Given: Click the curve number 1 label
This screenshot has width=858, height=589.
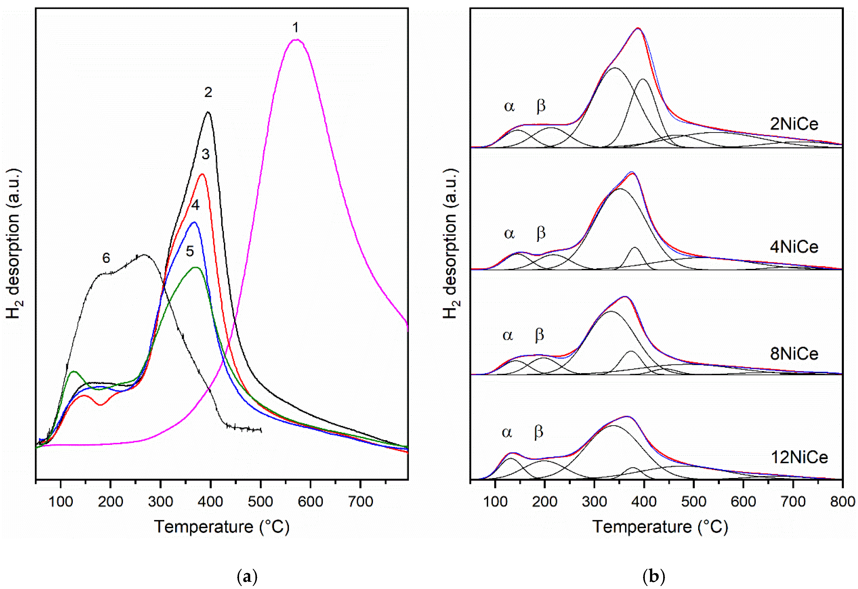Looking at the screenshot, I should pyautogui.click(x=295, y=28).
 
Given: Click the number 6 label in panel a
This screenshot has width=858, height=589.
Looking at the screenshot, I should pyautogui.click(x=106, y=258).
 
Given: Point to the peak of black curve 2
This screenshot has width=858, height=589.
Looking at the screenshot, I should pyautogui.click(x=208, y=112).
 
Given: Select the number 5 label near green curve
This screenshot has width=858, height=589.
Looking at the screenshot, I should pyautogui.click(x=190, y=251).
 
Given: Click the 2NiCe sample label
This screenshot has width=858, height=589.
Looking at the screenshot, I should pyautogui.click(x=794, y=124).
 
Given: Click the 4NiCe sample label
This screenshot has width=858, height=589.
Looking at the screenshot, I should pyautogui.click(x=794, y=247).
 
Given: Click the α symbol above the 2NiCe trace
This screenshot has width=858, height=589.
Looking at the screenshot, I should pyautogui.click(x=509, y=107).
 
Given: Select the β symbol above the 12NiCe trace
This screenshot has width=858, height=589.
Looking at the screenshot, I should pyautogui.click(x=539, y=432).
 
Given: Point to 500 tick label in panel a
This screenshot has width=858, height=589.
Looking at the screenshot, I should pyautogui.click(x=261, y=502).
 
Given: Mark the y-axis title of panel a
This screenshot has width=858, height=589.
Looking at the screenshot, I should pyautogui.click(x=14, y=243).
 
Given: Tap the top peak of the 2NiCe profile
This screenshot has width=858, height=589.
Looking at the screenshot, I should pyautogui.click(x=638, y=28).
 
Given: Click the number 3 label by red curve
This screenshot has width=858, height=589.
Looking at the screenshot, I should pyautogui.click(x=206, y=154).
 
